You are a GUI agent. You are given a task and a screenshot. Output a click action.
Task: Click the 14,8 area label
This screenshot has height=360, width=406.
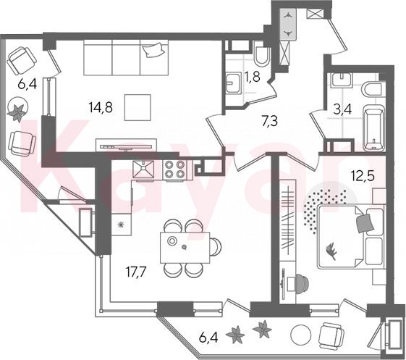pyautogui.click(x=101, y=107)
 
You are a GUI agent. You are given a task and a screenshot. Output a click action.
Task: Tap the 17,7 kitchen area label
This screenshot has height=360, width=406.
pyautogui.click(x=137, y=272)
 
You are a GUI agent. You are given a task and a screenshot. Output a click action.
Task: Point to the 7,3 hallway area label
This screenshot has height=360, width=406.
pyautogui.click(x=269, y=121)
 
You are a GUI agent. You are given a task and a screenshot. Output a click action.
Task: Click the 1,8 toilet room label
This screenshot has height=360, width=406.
pyautogui.click(x=253, y=78)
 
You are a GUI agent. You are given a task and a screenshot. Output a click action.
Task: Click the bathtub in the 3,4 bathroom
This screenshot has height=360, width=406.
pyautogui.click(x=374, y=127)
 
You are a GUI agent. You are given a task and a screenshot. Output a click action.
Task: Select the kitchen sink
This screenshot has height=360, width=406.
pyautogui.click(x=143, y=169)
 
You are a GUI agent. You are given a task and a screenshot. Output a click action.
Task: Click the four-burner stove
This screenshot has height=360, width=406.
pyautogui.click(x=174, y=169)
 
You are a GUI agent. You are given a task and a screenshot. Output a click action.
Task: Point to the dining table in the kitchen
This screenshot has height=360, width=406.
pyautogui.click(x=185, y=248)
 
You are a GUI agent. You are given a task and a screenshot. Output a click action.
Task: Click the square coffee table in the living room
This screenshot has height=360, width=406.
pyautogui.click(x=138, y=107)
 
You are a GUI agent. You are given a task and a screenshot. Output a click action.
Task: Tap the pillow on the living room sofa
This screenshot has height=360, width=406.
pyautogui.click(x=154, y=50)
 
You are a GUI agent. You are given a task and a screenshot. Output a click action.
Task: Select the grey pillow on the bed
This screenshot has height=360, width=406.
pyautogui.click(x=365, y=223)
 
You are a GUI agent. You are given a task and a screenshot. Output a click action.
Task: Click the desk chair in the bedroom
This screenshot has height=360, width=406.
pyautogui.click(x=300, y=284)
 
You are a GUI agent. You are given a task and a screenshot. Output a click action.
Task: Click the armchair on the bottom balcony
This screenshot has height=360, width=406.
pyautogui.click(x=331, y=336)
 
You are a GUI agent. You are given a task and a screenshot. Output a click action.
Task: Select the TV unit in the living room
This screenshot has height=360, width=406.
pyautogui.click(x=127, y=145)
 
